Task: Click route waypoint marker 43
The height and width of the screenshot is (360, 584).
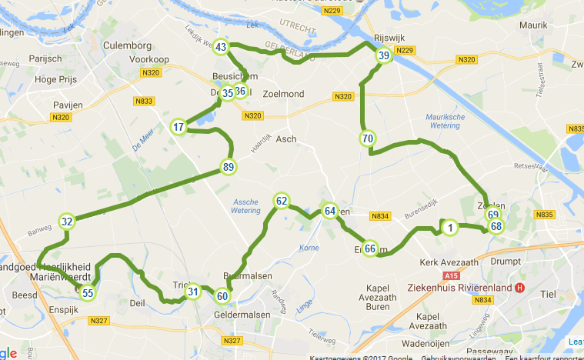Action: tap(221, 48)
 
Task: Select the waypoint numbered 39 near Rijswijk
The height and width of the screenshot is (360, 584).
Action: tap(383, 55)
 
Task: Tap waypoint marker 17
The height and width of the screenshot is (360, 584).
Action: tap(179, 127)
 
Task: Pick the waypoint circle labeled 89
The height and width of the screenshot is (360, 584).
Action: tap(228, 167)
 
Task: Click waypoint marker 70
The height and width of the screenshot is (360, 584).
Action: tap(367, 139)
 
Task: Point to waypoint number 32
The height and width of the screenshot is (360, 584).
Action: tap(67, 222)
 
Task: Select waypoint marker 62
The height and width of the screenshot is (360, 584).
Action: tap(281, 202)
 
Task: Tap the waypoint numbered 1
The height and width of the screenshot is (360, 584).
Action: tap(450, 227)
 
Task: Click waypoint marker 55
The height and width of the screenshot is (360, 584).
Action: tap(88, 292)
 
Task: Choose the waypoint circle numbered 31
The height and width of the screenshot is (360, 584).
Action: tap(193, 291)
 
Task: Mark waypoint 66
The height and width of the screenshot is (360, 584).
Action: tap(370, 248)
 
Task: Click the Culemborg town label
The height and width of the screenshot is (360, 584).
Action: tap(125, 45)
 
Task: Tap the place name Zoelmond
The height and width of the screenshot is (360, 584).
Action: tap(284, 94)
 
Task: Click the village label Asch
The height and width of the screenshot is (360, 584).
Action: tap(285, 139)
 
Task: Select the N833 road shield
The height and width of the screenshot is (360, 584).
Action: tap(143, 100)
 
